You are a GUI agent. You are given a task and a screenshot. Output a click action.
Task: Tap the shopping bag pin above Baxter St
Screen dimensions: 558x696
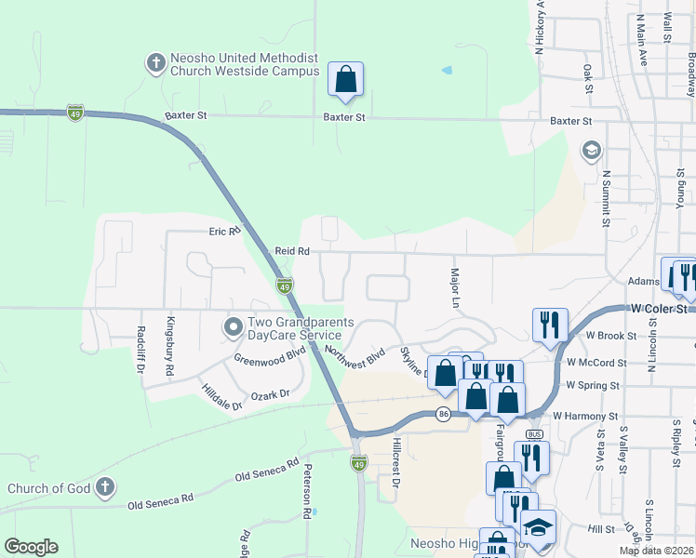coord(345,81)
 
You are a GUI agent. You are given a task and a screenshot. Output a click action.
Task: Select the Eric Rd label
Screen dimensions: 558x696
coord(224,231)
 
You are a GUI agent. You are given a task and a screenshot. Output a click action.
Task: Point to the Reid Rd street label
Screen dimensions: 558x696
coord(291,251)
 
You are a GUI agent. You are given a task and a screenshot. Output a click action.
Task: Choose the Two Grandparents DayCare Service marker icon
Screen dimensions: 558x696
coord(233,327)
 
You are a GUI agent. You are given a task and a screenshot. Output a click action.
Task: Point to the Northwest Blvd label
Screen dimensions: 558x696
coord(355,356)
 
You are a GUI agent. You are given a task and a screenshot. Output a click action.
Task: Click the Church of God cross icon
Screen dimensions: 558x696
coord(106,487)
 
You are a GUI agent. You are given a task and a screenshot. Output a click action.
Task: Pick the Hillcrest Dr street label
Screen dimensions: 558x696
coord(395,463)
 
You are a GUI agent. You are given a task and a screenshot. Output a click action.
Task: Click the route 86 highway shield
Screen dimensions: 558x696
coord(443,414)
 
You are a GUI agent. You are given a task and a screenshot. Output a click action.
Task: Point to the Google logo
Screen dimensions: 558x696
coord(31,547)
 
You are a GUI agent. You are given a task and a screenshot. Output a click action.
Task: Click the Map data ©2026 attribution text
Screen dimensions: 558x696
coord(656,551)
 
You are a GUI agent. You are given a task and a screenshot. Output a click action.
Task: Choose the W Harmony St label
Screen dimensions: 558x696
coord(585,417)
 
